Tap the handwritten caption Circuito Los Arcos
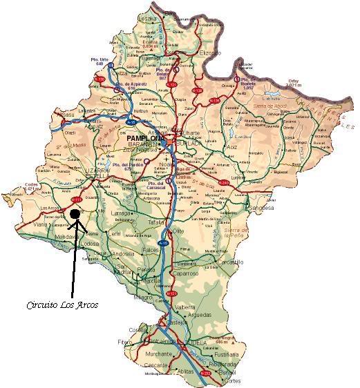click(62, 304)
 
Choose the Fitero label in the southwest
click(124, 341)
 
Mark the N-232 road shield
click(205, 373)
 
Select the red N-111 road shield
click(77, 200)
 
